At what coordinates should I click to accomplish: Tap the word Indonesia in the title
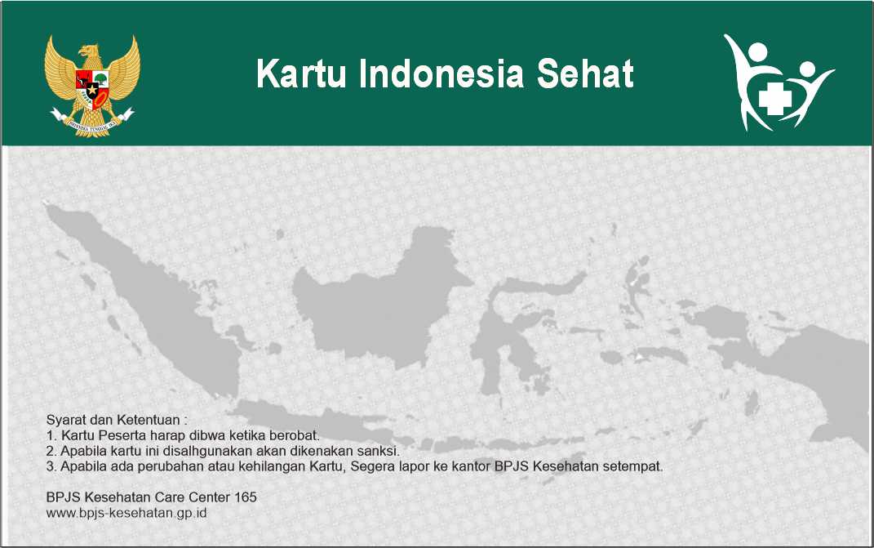(x=441, y=74)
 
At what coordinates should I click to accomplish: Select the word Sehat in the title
(x=585, y=74)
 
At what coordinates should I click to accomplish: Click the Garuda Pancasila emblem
(x=92, y=86)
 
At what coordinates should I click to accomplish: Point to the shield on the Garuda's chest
(x=92, y=88)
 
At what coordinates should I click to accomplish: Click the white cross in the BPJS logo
(x=774, y=98)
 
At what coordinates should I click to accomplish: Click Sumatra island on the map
(x=150, y=301)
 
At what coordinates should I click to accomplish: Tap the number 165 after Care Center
(x=246, y=497)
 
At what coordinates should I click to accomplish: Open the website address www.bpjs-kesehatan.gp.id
(x=126, y=512)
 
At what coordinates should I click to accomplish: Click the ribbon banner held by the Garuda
(x=92, y=123)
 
